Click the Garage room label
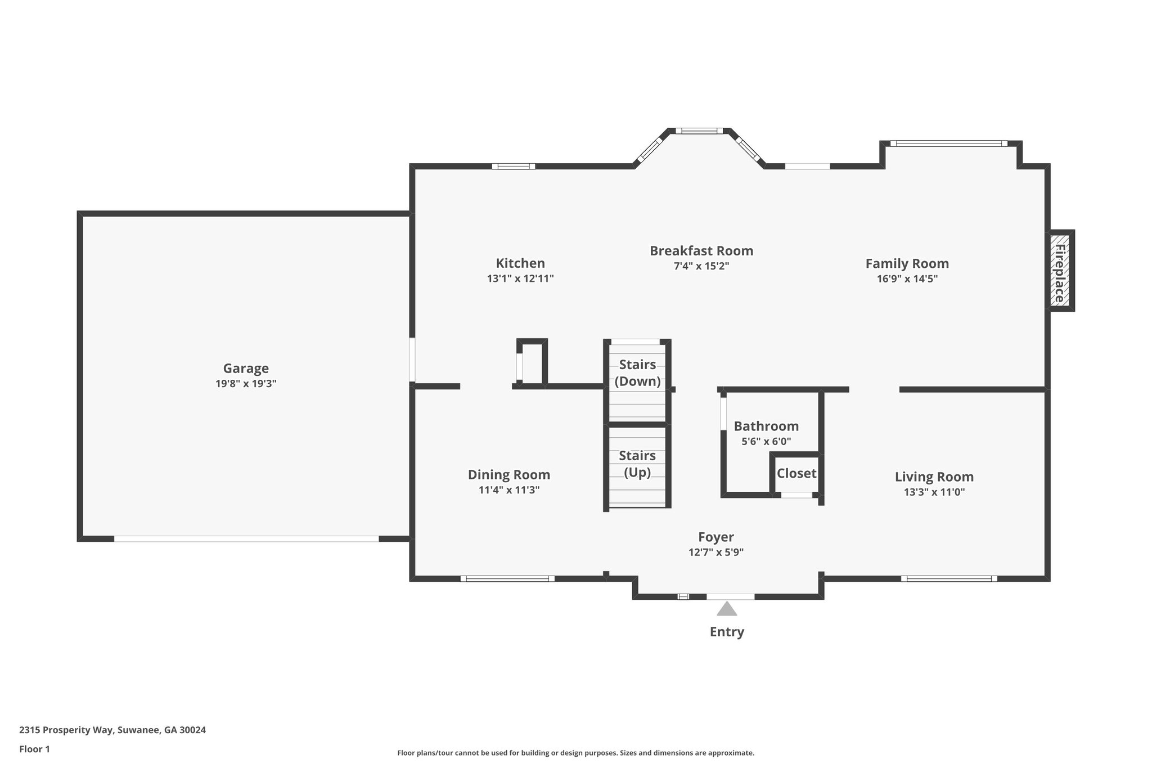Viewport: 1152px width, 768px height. tap(246, 369)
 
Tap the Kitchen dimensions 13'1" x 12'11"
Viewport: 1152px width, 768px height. tap(520, 279)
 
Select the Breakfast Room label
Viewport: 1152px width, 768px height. tap(701, 251)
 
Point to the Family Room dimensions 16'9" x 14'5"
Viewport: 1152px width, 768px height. tap(907, 279)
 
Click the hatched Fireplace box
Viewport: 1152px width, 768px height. tap(1060, 271)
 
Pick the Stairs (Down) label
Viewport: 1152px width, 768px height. tap(637, 373)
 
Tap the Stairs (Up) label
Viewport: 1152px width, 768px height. tap(637, 464)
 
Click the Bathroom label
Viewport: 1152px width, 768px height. tap(766, 426)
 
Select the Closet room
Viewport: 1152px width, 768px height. tap(796, 474)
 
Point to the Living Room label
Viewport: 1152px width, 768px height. tap(934, 477)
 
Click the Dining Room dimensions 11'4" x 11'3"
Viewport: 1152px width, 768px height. tap(509, 490)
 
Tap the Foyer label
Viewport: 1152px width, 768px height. tap(716, 537)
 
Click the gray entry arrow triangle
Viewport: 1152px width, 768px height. tap(727, 609)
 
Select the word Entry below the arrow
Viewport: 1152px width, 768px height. tap(727, 632)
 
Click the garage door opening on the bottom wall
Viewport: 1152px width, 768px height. tap(246, 538)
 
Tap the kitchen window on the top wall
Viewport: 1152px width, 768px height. tap(514, 166)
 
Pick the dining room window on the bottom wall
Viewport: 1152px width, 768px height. tap(507, 578)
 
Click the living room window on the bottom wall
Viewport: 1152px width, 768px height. tap(949, 578)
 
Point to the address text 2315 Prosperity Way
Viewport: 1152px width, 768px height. tap(67, 730)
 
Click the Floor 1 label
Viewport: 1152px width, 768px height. tap(34, 749)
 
